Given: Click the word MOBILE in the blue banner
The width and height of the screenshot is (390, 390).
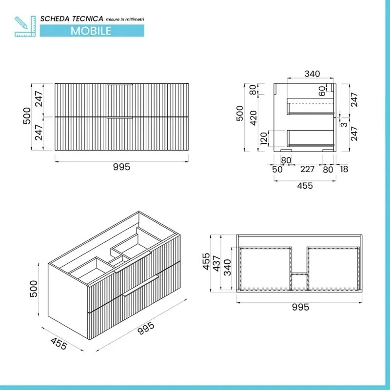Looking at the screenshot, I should [x=91, y=30].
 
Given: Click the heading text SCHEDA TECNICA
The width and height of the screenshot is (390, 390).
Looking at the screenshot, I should [x=72, y=19].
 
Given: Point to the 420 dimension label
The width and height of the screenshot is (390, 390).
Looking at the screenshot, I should [x=253, y=118].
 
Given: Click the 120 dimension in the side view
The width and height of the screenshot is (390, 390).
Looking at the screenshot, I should [x=264, y=139].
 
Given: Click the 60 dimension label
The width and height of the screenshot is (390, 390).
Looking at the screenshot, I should [x=322, y=91].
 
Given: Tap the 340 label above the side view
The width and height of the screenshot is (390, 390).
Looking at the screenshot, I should [x=312, y=74].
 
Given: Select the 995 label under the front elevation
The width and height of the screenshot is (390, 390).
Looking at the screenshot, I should [x=121, y=167].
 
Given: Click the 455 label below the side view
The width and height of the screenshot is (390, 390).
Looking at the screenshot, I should [x=305, y=186].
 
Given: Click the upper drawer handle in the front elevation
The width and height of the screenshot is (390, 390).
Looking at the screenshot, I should [x=120, y=85].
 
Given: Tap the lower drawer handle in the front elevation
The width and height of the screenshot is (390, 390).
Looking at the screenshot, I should [x=120, y=118].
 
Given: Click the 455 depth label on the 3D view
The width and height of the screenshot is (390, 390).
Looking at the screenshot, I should [x=58, y=344].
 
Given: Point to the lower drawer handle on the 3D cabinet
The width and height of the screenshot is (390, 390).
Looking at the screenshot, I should [x=141, y=286].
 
